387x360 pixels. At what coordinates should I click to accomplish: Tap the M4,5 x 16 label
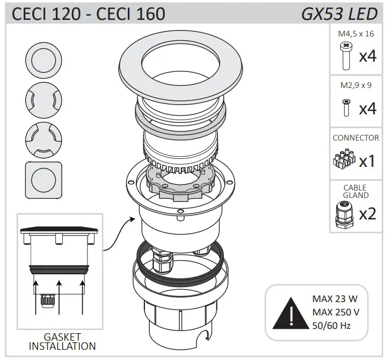(356, 34)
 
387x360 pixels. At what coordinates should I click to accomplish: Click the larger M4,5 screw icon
(345, 56)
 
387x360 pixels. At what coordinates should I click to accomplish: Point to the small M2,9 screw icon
(346, 107)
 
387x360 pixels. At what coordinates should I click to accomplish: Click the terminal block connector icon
(344, 159)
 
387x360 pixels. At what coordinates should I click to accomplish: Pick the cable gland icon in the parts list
(343, 214)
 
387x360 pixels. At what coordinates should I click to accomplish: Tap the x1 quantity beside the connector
(367, 160)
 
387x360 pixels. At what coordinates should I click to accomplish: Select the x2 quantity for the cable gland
(368, 214)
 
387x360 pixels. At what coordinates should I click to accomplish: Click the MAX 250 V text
(335, 312)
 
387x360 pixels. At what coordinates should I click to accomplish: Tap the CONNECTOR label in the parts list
(356, 138)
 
